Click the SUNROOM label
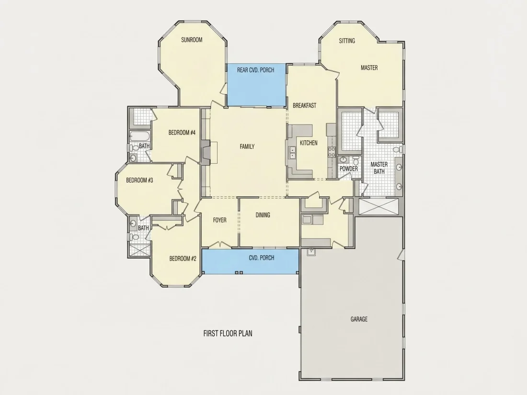(192, 40)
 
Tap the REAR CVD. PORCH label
(256, 70)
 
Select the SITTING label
(347, 41)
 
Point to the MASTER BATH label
(379, 168)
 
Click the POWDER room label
(348, 169)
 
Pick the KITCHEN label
(309, 143)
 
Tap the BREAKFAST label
(305, 105)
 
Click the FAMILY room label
(247, 147)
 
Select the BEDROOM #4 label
(182, 133)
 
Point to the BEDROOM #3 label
(139, 181)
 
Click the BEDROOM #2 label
(183, 259)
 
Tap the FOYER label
(220, 220)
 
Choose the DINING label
(263, 215)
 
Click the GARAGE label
(359, 319)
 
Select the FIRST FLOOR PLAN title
(228, 334)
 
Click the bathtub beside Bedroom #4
(140, 136)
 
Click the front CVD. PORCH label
(262, 258)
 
